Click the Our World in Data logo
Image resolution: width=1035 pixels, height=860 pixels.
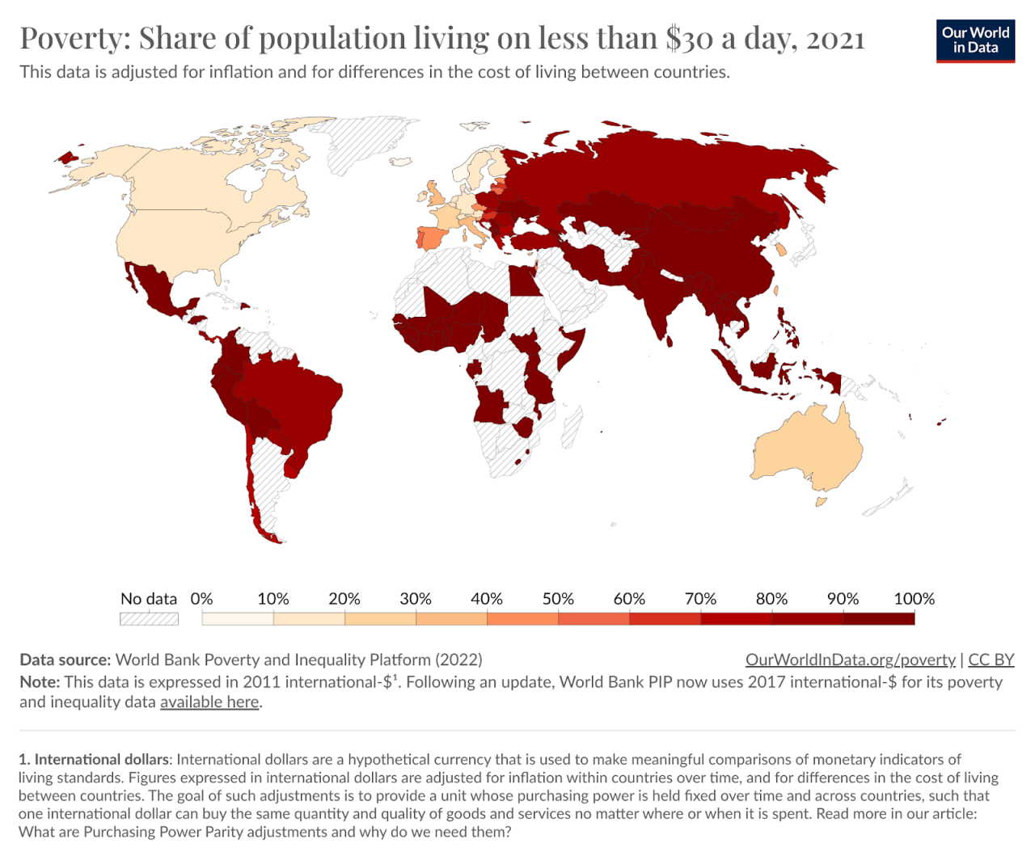click(975, 40)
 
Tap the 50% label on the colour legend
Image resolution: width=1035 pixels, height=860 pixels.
click(558, 599)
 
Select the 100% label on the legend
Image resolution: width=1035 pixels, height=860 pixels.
click(914, 599)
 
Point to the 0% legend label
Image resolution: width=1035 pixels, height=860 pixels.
click(201, 599)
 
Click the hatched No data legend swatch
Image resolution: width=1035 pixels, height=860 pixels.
click(149, 619)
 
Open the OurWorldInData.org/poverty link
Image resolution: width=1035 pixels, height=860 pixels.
click(850, 660)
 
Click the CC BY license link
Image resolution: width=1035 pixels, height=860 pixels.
click(991, 660)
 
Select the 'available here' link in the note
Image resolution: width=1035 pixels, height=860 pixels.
click(209, 702)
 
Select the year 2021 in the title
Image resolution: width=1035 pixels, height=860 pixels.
click(835, 38)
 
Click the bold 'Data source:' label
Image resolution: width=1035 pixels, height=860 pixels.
click(65, 660)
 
